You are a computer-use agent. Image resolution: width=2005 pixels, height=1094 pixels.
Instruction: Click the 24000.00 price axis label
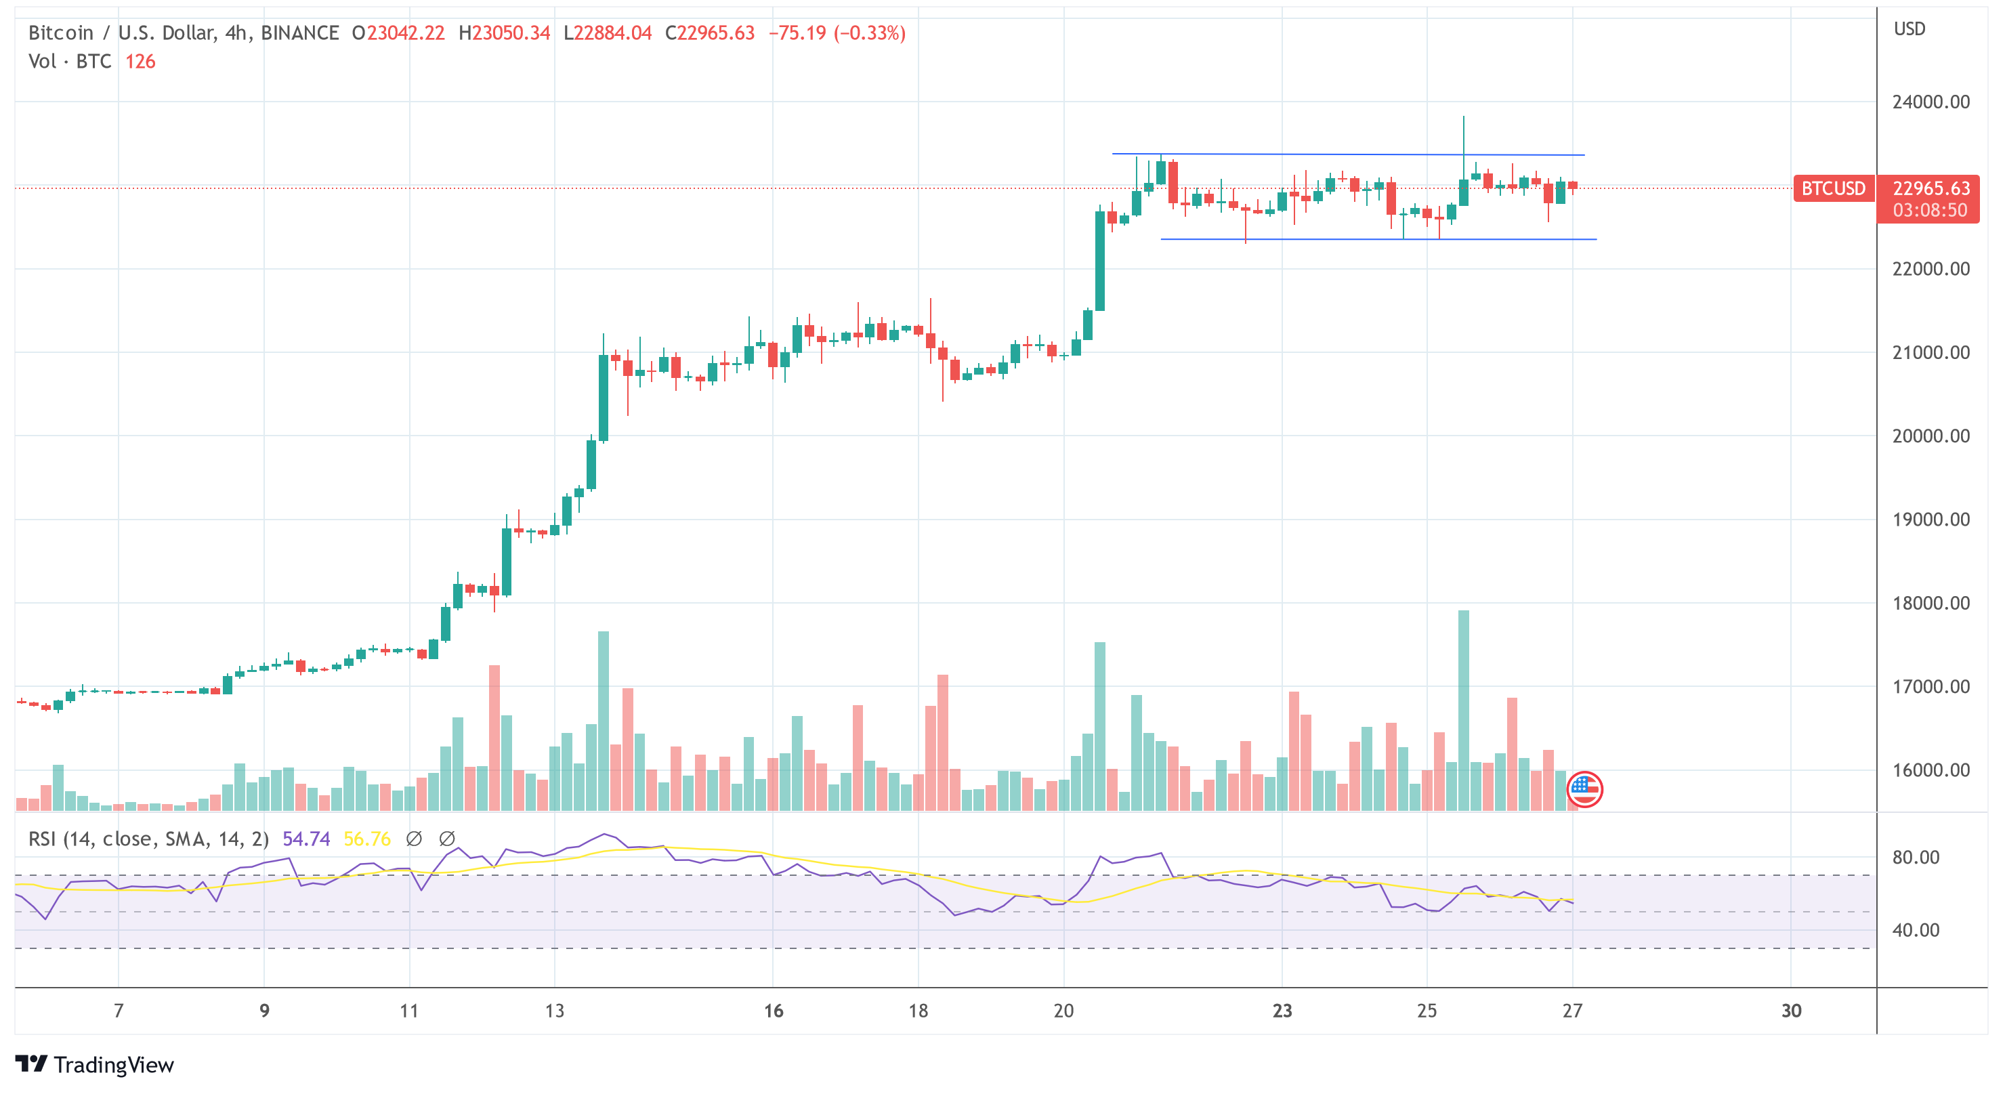point(1930,102)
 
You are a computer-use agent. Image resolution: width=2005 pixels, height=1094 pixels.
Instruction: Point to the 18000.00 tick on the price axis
point(1930,603)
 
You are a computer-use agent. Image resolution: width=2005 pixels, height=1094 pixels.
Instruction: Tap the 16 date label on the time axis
point(773,1011)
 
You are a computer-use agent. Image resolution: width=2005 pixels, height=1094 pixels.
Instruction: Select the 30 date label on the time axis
point(1791,1011)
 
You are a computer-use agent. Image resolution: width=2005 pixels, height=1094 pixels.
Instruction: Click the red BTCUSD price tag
point(1833,188)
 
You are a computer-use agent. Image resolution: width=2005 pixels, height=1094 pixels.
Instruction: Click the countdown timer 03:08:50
point(1930,210)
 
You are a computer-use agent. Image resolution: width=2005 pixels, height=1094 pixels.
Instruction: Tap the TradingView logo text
point(114,1064)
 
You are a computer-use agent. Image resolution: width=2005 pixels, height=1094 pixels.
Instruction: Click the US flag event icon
point(1584,790)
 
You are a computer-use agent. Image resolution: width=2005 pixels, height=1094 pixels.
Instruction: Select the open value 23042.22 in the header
point(406,33)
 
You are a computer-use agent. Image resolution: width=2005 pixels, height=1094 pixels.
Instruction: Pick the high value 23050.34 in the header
point(511,33)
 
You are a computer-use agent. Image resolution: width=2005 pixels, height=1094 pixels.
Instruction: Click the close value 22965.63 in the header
point(715,33)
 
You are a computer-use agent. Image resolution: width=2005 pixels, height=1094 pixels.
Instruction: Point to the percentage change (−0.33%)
point(870,33)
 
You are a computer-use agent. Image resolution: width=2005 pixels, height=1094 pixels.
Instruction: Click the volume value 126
point(140,62)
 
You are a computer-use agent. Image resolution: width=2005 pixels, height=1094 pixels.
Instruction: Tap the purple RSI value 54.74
point(306,839)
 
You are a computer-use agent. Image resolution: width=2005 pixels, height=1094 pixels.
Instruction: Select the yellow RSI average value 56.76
point(366,839)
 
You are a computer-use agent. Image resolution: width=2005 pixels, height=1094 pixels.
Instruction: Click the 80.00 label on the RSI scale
point(1916,858)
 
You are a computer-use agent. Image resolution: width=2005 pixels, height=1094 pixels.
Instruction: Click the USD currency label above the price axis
point(1909,29)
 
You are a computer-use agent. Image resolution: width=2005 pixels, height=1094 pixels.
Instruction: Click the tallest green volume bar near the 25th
point(1463,709)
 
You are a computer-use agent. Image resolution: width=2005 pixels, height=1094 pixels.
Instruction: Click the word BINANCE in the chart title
point(299,33)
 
